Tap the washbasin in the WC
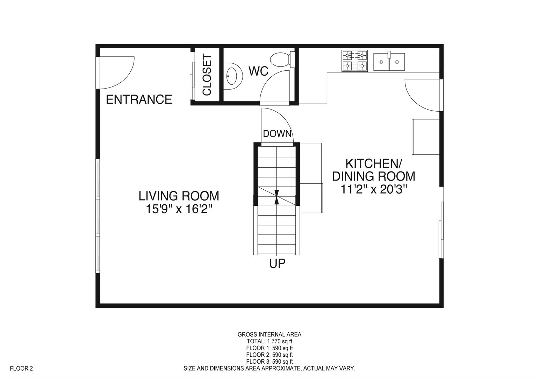232,75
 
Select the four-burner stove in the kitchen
355,61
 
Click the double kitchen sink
389,62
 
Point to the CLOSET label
207,75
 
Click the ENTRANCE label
139,99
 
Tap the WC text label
258,71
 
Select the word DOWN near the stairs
277,133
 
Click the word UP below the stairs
277,263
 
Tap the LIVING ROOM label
179,196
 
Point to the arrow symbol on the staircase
277,197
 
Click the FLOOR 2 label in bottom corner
21,368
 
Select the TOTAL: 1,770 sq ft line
269,341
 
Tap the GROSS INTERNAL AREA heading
269,334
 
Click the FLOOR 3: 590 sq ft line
269,362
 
